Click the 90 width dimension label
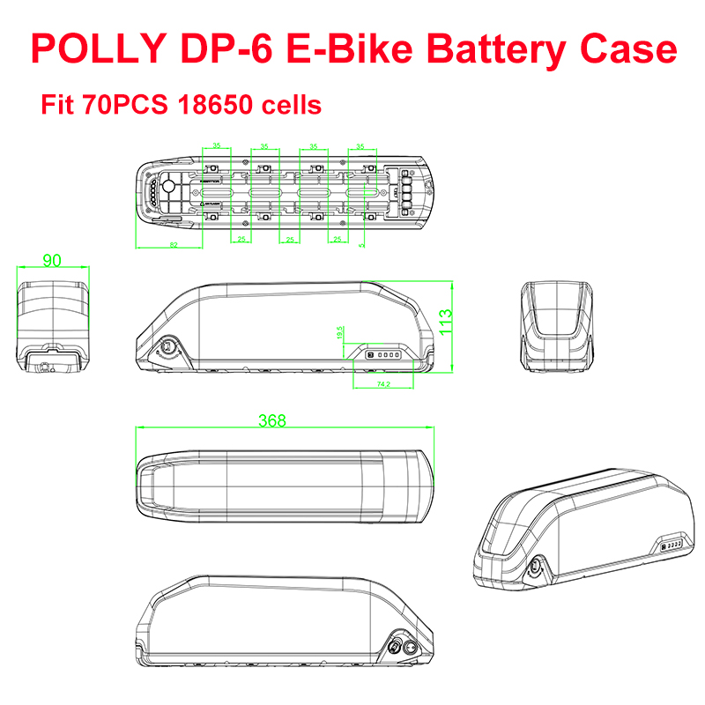click(53, 260)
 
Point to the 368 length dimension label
click(272, 421)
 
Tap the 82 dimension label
click(174, 244)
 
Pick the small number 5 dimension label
click(362, 244)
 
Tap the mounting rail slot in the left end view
click(53, 360)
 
